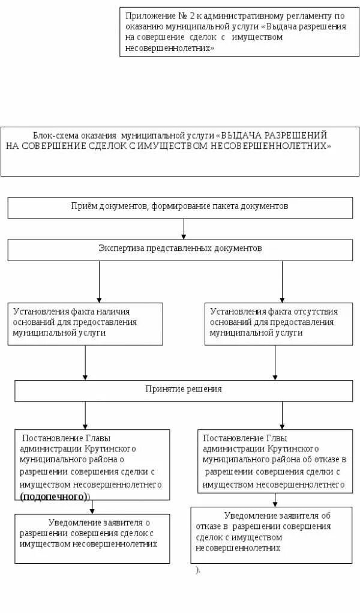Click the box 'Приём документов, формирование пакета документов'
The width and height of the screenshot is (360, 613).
[180, 207]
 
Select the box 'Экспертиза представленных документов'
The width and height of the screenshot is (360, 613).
[180, 250]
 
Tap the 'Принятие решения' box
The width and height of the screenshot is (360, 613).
[183, 390]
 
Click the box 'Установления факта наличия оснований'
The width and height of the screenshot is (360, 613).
[85, 324]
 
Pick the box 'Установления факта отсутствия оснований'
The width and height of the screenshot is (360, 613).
[278, 324]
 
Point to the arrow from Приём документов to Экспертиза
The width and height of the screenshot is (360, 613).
[184, 229]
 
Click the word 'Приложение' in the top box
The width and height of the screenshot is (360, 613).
[146, 16]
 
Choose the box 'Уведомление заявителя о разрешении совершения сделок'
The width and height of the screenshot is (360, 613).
[92, 538]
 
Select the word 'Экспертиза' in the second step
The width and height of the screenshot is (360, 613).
[118, 248]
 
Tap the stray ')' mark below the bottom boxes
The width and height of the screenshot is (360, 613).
[197, 570]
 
